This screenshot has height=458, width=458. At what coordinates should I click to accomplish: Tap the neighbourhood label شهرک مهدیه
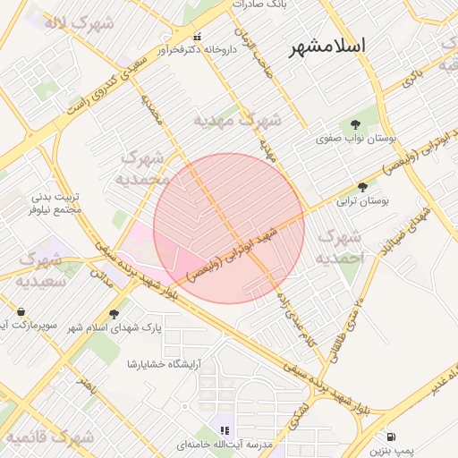coord(238,119)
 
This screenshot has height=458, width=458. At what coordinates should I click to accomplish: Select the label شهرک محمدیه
coord(144,168)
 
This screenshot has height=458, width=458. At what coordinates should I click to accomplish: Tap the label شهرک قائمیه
coord(51,438)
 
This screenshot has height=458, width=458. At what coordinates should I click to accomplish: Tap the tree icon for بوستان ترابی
coord(362,187)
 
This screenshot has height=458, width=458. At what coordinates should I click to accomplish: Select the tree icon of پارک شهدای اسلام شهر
coord(113,313)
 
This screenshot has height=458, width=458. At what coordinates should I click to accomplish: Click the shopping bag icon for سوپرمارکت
coord(20,312)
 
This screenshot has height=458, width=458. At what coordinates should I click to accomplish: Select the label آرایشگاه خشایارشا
coord(166,364)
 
